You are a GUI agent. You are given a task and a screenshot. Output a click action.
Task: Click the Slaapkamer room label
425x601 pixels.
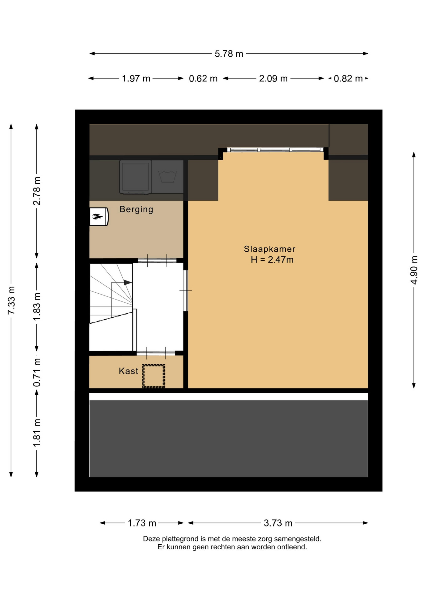pos(269,249)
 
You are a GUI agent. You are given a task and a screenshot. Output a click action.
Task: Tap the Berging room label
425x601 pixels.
pos(136,209)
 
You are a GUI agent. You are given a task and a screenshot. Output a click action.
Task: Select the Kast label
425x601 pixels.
pos(128,371)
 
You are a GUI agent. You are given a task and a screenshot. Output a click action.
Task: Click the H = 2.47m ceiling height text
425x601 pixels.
pos(272,260)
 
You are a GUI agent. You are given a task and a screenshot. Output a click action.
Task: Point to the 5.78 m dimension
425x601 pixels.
pos(229,54)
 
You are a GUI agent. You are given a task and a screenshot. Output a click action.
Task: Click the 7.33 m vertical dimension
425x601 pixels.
pos(11,300)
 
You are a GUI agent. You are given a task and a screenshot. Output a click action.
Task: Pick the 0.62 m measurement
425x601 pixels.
pos(203,79)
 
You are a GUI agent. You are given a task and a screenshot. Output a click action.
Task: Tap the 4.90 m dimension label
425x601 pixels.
pos(414,270)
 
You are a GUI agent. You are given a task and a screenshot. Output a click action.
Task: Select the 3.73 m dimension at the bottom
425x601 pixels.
pos(278,523)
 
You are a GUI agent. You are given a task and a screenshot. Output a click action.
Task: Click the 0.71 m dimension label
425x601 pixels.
pos(37,372)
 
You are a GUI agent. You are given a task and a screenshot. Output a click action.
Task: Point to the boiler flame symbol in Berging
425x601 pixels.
pos(98,216)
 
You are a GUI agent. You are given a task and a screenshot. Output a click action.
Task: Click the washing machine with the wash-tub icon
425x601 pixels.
pos(168,177)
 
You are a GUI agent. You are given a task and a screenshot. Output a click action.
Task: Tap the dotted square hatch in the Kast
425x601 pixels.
pos(154,376)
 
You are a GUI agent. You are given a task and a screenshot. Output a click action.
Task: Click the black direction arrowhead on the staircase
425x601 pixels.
pos(128,283)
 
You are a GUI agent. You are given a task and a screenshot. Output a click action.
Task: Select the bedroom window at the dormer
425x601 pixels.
pos(275,150)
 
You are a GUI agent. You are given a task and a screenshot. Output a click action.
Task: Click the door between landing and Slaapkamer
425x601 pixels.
pos(186,291)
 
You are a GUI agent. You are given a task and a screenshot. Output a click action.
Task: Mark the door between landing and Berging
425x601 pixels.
pos(157,260)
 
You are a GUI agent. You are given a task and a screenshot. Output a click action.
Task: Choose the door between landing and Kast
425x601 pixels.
pos(156,353)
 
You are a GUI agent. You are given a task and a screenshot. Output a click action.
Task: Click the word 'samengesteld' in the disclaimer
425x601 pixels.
pos(298,539)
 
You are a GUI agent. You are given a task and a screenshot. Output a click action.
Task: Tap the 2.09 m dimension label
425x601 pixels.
pos(273,79)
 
